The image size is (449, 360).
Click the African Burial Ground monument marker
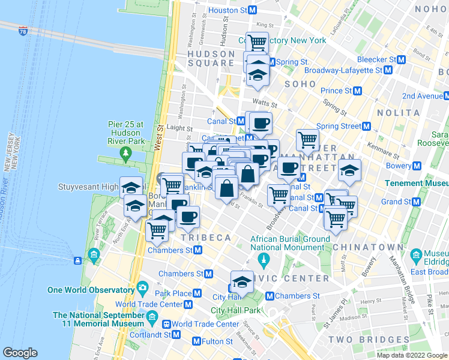coord(262,259)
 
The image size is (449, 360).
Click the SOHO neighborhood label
coord(300,84)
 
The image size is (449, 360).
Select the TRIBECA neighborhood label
coord(211,238)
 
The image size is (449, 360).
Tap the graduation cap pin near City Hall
coord(242,281)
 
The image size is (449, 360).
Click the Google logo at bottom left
coord(20,353)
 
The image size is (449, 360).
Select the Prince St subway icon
coord(358,91)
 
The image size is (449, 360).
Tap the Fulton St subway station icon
coord(196,341)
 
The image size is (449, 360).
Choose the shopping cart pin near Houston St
coord(257,42)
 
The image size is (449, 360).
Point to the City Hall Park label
coord(235,310)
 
